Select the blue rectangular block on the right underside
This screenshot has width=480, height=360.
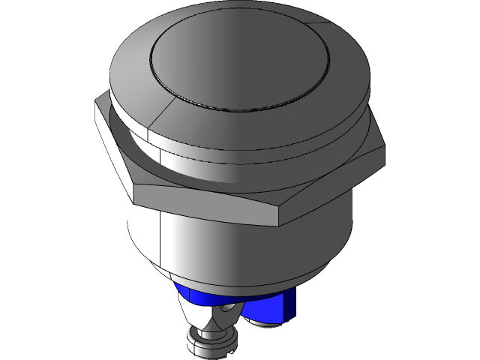[286, 303]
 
